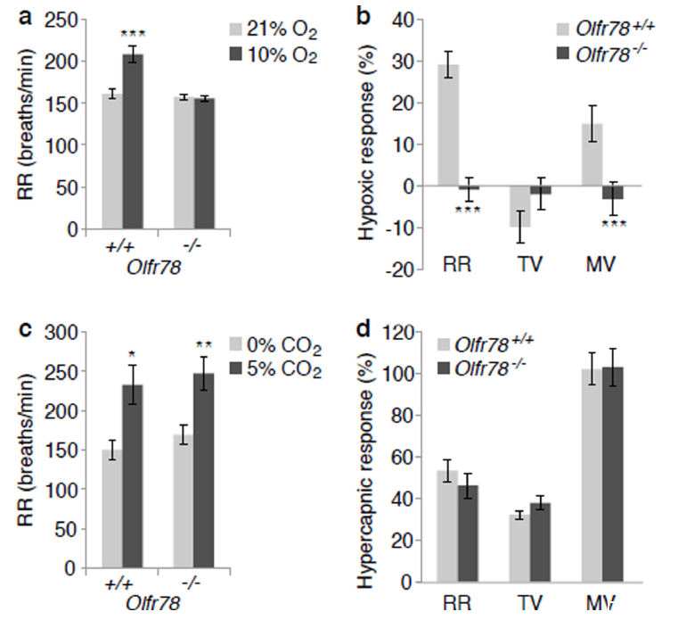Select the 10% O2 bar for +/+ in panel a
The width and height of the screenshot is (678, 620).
tap(133, 142)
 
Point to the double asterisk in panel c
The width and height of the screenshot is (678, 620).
tap(204, 343)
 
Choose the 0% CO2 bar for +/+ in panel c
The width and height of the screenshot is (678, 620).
tap(112, 503)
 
